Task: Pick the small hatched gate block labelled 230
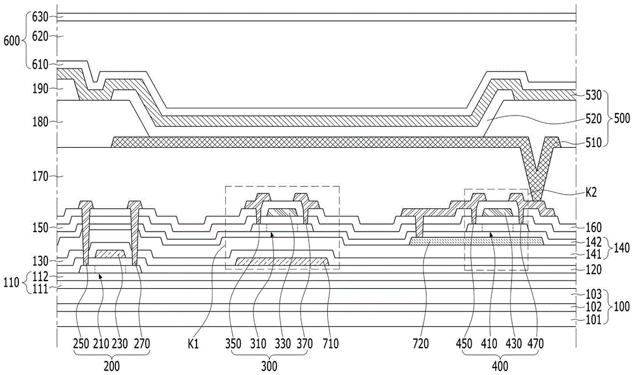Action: [x=110, y=254]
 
